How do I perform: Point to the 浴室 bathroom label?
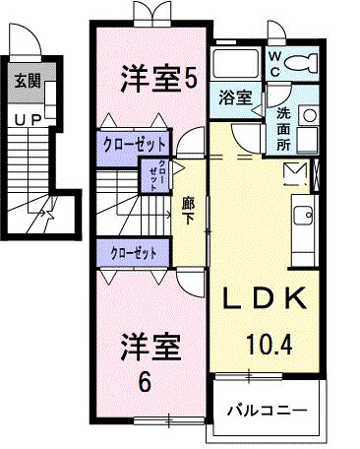[233, 97]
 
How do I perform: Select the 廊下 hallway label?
[188, 210]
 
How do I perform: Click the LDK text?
[264, 299]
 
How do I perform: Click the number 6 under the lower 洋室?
[144, 381]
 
